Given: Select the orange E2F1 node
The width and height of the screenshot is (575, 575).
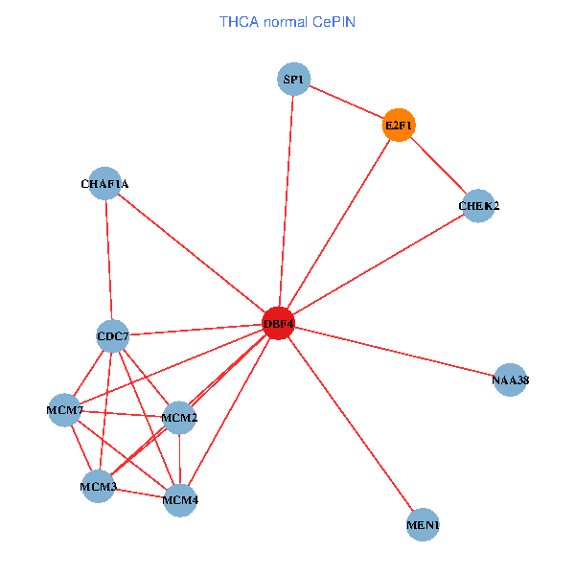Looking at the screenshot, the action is point(399,125).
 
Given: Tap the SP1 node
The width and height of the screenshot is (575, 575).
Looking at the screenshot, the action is point(293,79).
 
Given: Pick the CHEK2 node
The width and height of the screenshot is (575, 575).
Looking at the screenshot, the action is point(478,206).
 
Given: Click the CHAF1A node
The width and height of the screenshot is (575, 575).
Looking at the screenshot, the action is point(104,183).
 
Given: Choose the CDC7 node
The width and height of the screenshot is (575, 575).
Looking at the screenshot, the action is point(113,335).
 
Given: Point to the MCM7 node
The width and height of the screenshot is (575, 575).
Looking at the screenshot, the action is point(66,410).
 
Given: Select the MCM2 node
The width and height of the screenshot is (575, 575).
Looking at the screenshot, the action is point(179,417).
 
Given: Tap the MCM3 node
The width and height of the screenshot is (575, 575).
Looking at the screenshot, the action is point(98,487).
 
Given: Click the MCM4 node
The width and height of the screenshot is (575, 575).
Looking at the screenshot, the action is point(180,499).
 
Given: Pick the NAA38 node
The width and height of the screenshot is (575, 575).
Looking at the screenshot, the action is point(510,380).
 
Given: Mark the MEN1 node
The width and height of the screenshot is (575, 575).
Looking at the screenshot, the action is point(423,525).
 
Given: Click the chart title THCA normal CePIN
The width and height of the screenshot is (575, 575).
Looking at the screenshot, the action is point(287,21).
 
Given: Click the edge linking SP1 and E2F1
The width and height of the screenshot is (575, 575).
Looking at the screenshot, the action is point(346,102).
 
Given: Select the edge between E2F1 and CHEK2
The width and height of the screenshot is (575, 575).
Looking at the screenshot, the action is point(439,166).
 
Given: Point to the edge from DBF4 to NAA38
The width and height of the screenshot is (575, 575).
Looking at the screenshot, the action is point(394,352).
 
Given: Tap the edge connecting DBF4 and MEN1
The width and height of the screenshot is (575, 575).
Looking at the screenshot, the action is point(350,424).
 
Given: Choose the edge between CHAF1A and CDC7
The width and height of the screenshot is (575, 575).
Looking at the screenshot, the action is point(108,259).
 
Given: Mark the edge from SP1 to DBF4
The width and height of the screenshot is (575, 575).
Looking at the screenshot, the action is point(286,201).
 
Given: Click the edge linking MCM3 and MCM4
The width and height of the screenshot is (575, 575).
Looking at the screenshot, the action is point(139,493).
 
